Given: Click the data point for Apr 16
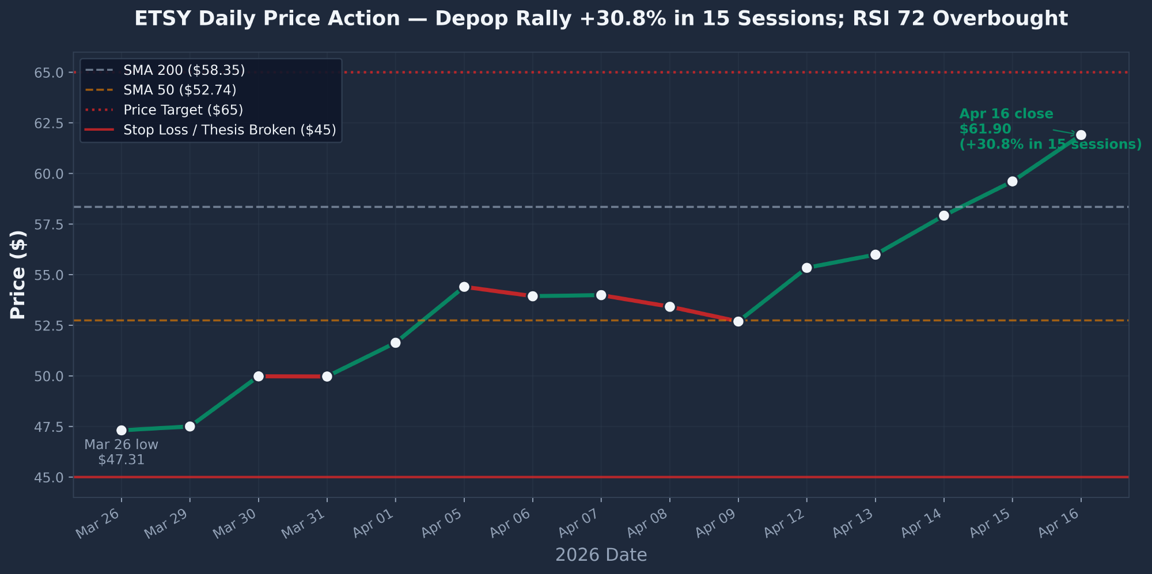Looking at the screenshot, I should point(1081,135).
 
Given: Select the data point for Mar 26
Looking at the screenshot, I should point(122,430).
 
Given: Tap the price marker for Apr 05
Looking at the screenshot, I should point(464,287).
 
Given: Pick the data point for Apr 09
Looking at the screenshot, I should point(738,321).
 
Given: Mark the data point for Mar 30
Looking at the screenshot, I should point(259,376).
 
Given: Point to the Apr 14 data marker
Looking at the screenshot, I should point(943,215).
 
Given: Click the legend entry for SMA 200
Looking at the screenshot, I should point(184,70).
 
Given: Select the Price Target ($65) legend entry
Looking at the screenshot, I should point(183,110).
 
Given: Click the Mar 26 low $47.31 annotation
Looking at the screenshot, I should point(121,452).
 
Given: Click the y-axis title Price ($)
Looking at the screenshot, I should point(18,275).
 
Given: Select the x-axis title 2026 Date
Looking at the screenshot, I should point(601,555).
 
